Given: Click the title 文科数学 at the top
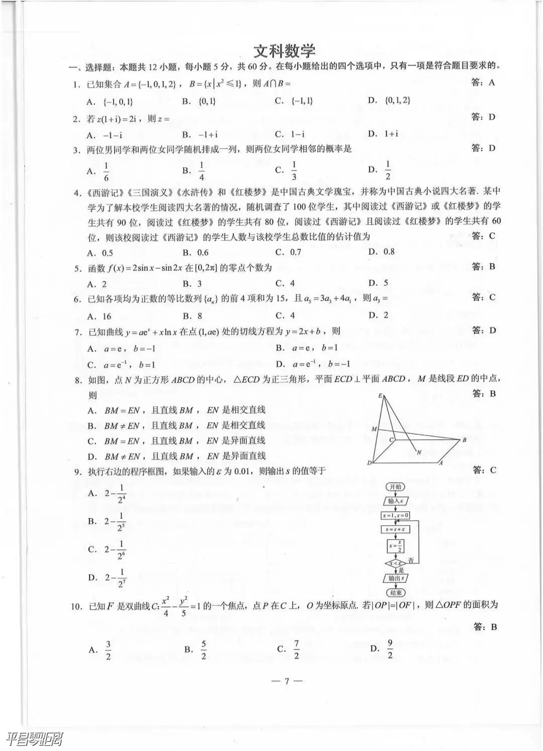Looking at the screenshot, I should coord(284,51).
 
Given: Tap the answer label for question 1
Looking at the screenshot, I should coord(483,82).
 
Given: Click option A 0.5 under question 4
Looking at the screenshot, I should coord(101,253).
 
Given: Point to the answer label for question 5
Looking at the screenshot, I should coord(484,266).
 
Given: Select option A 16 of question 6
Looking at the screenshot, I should coord(100,316).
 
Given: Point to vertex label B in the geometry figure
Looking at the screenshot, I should coord(464,440).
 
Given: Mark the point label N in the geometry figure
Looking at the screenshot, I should coord(419,452).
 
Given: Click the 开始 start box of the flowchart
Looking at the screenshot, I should coord(395,487).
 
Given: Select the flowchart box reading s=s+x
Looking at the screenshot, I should coord(395,529).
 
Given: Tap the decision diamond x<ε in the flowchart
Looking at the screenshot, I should coord(395,564).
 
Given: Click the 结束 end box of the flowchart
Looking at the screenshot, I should coord(395,593).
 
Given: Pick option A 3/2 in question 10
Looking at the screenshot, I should coord(101,650).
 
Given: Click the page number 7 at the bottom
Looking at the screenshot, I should coord(286,681).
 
